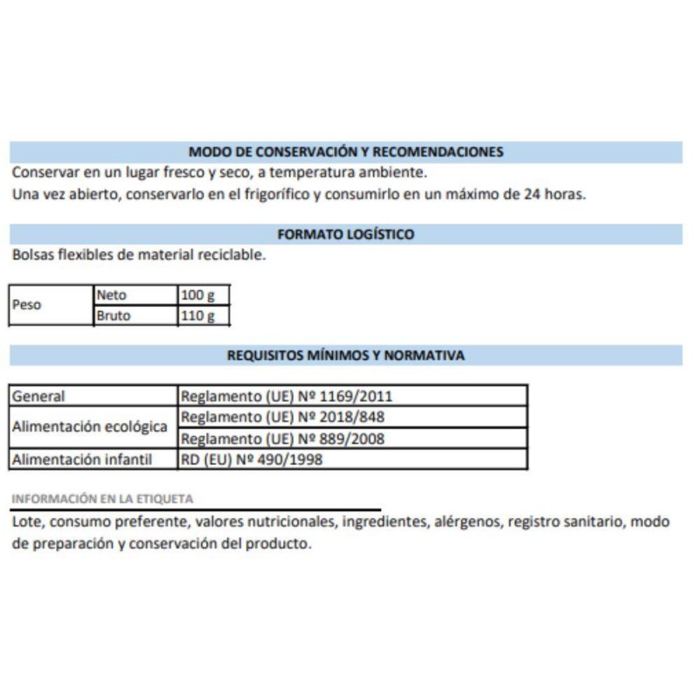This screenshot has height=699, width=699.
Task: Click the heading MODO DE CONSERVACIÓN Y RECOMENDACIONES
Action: pyautogui.click(x=346, y=151)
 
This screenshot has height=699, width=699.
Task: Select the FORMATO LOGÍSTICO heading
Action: pyautogui.click(x=346, y=234)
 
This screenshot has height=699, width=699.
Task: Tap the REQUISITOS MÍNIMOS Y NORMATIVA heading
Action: pyautogui.click(x=346, y=356)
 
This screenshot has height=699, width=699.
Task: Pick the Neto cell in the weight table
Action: pyautogui.click(x=112, y=295)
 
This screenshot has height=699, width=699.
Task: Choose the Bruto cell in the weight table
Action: pyautogui.click(x=114, y=315)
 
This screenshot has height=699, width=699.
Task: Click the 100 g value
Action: pyautogui.click(x=197, y=295)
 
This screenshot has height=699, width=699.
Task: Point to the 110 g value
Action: pyautogui.click(x=197, y=315)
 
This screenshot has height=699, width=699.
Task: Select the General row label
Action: pyautogui.click(x=38, y=396)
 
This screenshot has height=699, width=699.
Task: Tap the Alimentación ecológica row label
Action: pyautogui.click(x=89, y=427)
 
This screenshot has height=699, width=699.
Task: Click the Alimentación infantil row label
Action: pyautogui.click(x=82, y=459)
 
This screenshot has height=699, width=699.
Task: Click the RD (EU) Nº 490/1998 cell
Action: pyautogui.click(x=252, y=459)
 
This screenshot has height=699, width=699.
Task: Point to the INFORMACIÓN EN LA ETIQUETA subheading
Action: pyautogui.click(x=102, y=499)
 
